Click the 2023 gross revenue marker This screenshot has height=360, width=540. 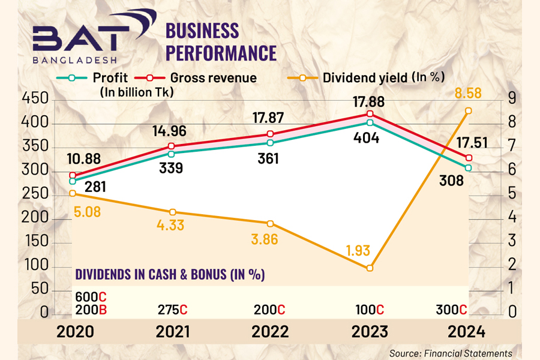point(370,114)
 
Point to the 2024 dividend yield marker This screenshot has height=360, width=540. point(468,110)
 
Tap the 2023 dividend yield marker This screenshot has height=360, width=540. point(370,268)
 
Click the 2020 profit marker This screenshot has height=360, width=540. point(73,181)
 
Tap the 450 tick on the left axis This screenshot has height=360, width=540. point(35,100)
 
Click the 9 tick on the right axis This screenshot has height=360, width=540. point(512,100)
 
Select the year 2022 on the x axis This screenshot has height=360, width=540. point(268,331)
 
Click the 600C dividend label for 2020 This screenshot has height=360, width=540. point(91,296)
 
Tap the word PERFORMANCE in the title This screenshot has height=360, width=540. point(221,52)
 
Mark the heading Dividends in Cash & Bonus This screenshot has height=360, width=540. point(170,274)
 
